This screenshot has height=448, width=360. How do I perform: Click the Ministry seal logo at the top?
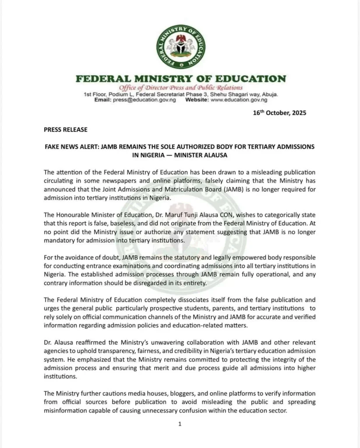(x=180, y=47)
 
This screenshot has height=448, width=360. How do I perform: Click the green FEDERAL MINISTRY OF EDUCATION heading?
(x=180, y=79)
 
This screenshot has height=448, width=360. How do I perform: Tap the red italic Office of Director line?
(x=180, y=87)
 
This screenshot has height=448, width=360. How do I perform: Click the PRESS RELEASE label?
(x=66, y=129)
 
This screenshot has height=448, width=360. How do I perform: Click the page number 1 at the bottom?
(x=180, y=424)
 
